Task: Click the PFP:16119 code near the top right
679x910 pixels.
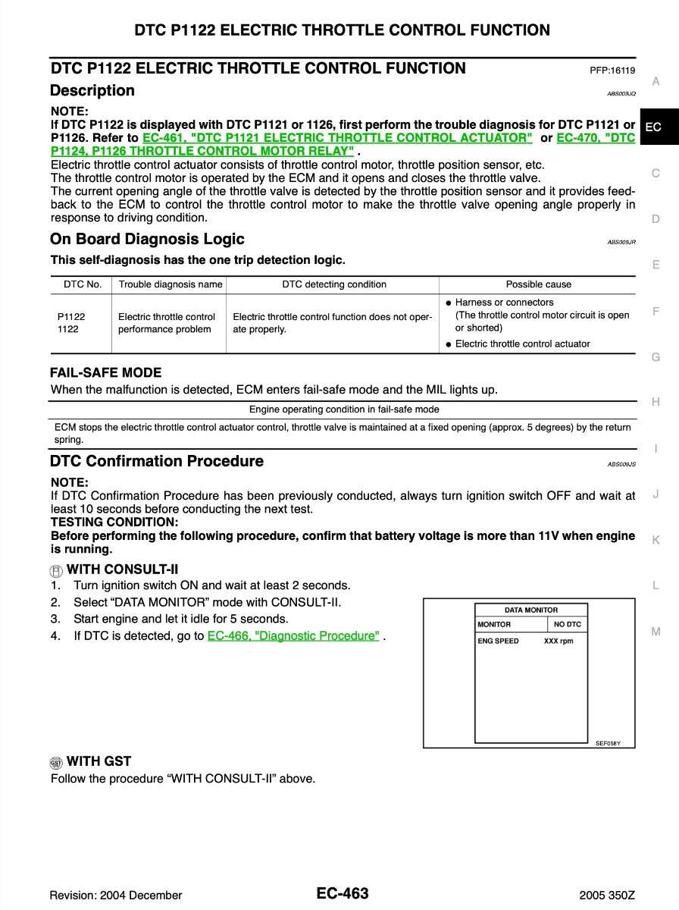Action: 612,71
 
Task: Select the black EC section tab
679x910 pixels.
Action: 653,127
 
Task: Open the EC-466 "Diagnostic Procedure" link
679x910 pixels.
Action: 293,636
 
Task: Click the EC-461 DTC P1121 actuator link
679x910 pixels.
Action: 337,138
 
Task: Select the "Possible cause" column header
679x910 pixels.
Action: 538,284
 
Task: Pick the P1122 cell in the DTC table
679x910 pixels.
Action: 71,316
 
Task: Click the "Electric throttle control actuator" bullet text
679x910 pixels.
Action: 522,344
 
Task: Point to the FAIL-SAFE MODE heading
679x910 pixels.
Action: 105,372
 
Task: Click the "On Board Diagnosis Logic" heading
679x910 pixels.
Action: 147,240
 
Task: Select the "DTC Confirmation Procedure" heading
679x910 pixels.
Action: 157,461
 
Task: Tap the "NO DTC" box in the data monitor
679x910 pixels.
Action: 567,624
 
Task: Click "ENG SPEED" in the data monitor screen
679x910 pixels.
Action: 498,641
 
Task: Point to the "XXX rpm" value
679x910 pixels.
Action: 559,641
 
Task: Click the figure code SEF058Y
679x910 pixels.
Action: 608,743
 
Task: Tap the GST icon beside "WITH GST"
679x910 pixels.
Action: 56,762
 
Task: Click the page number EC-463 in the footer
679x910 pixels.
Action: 343,893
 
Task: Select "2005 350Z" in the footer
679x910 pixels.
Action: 606,895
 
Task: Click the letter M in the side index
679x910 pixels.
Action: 656,632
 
